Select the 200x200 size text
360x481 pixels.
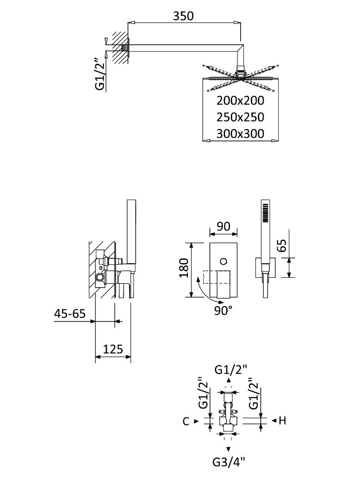pyautogui.click(x=240, y=100)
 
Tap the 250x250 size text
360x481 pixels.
pyautogui.click(x=240, y=117)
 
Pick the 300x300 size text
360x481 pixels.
pyautogui.click(x=240, y=133)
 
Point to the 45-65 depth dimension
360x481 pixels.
pyautogui.click(x=70, y=314)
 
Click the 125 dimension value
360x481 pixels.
pyautogui.click(x=113, y=348)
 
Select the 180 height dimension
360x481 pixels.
pyautogui.click(x=184, y=269)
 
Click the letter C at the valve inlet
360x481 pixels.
pyautogui.click(x=186, y=421)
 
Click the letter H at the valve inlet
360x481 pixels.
pyautogui.click(x=283, y=420)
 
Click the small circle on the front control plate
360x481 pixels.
pyautogui.click(x=222, y=262)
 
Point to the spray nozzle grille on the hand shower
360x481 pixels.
pyautogui.click(x=265, y=212)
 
